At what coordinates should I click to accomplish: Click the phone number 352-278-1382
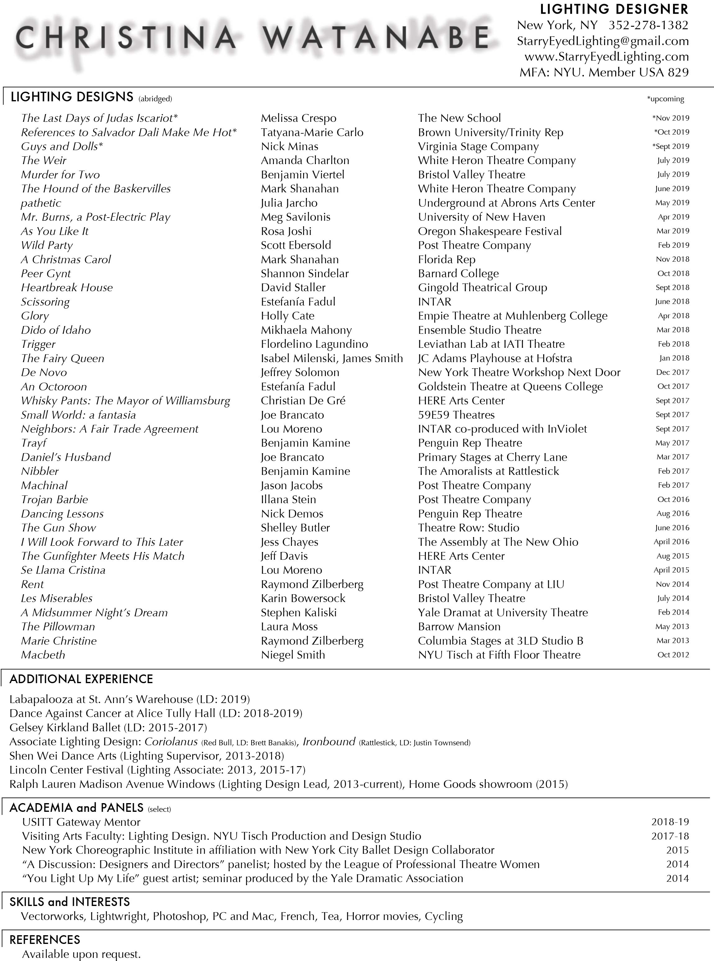648,25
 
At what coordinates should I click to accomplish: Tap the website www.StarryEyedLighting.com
606,57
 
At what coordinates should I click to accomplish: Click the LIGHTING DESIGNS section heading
72,97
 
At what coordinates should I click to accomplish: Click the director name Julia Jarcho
289,203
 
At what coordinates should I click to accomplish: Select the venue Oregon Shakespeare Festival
490,231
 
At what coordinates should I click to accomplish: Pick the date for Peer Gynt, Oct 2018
673,273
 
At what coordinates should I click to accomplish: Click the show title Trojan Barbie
54,499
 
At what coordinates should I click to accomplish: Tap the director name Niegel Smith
293,655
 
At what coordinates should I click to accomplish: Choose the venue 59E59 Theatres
456,415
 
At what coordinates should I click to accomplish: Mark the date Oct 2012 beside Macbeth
673,655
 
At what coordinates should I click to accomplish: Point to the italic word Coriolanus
171,742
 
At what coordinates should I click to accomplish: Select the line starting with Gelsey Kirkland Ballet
108,728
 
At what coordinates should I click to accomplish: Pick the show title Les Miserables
57,598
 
